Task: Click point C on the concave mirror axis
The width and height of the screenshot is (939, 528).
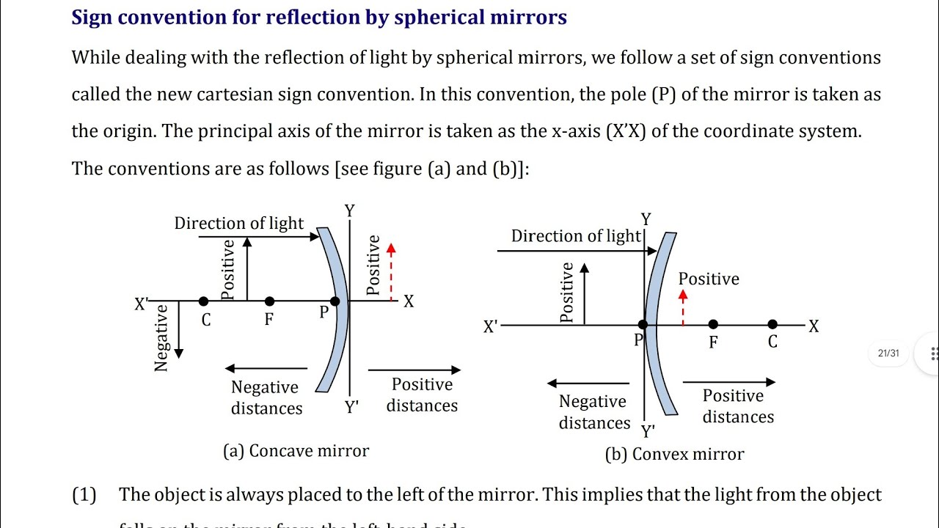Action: point(204,301)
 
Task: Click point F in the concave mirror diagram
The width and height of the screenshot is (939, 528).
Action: point(270,301)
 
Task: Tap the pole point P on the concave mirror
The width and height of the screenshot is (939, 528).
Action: point(335,301)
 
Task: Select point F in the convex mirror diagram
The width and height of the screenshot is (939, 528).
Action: point(713,325)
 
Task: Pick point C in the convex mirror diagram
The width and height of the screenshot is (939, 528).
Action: point(772,325)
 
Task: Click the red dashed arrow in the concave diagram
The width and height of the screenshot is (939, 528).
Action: point(391,271)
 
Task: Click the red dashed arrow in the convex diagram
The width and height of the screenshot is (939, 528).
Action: point(683,307)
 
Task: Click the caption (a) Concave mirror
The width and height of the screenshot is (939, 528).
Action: point(296,451)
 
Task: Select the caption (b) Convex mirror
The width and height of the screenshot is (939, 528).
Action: point(674,455)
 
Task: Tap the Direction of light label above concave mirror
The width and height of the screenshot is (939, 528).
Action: point(238,224)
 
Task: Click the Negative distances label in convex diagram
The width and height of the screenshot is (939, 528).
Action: point(593,412)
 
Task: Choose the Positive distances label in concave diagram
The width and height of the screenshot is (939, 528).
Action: point(422,395)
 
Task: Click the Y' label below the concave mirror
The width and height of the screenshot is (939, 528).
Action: point(352,408)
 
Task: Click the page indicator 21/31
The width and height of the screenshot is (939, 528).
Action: point(888,353)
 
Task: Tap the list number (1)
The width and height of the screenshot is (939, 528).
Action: point(84,495)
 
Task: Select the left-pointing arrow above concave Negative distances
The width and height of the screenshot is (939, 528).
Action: point(266,368)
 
